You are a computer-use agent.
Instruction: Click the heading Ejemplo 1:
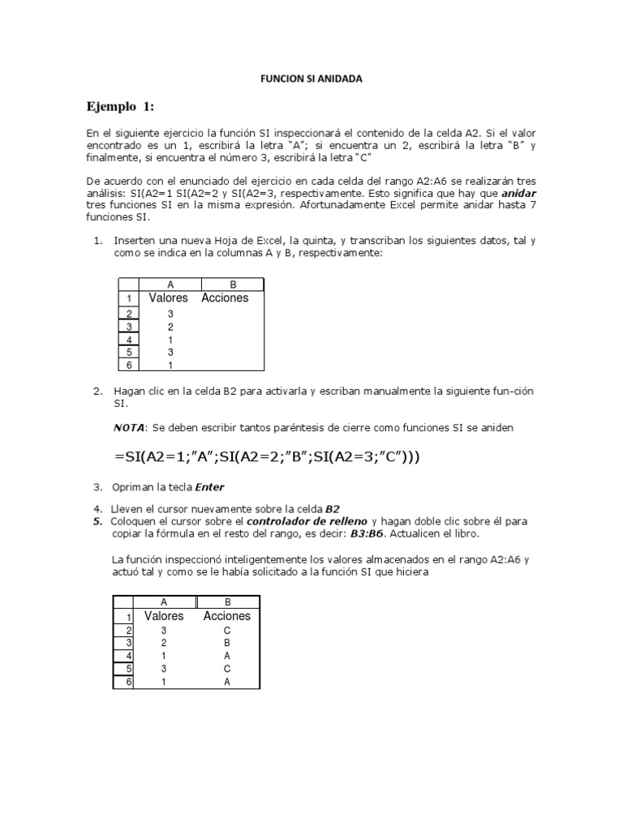[x=120, y=107]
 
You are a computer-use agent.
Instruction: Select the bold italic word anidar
[x=519, y=195]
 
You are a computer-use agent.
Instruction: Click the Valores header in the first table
[x=169, y=297]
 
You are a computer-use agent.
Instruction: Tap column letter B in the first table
[x=233, y=285]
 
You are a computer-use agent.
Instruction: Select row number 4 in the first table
[x=129, y=339]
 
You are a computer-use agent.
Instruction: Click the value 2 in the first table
[x=170, y=326]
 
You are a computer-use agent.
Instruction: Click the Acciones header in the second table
[x=227, y=616]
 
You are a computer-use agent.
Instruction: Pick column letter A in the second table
[x=164, y=602]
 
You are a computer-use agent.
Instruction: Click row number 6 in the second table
[x=128, y=682]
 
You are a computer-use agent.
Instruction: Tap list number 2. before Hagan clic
[x=97, y=391]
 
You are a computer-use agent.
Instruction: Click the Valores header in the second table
[x=164, y=616]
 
